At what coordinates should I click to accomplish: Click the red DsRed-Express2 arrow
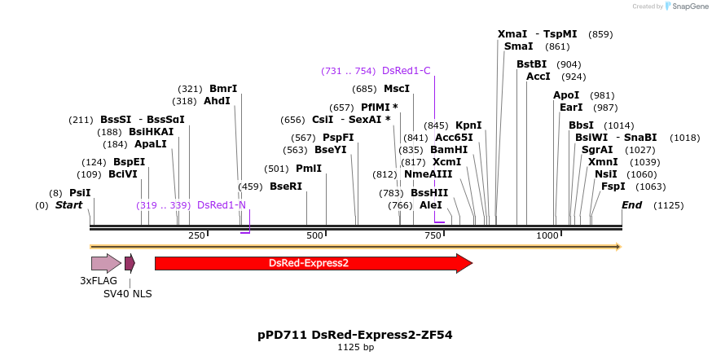pyautogui.click(x=310, y=263)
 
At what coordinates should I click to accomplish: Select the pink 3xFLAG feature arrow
pyautogui.click(x=105, y=263)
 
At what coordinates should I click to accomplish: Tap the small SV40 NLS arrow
pyautogui.click(x=130, y=263)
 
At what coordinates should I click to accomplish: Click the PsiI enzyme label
pyautogui.click(x=80, y=193)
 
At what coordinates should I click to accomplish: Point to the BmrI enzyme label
pyautogui.click(x=223, y=89)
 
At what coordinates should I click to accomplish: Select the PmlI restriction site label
pyautogui.click(x=309, y=169)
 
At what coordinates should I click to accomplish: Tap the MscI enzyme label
pyautogui.click(x=397, y=89)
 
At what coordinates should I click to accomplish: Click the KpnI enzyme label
pyautogui.click(x=468, y=125)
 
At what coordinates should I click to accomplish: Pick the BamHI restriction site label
pyautogui.click(x=449, y=150)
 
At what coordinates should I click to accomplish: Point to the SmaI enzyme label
pyautogui.click(x=519, y=46)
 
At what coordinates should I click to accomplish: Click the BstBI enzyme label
pyautogui.click(x=532, y=64)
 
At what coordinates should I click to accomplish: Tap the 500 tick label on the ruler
pyautogui.click(x=314, y=235)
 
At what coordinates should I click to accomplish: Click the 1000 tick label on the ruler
pyautogui.click(x=547, y=235)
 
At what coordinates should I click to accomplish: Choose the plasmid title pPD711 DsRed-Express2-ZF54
pyautogui.click(x=355, y=335)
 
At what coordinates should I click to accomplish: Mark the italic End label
pyautogui.click(x=632, y=205)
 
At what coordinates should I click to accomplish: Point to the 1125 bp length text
pyautogui.click(x=356, y=348)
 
